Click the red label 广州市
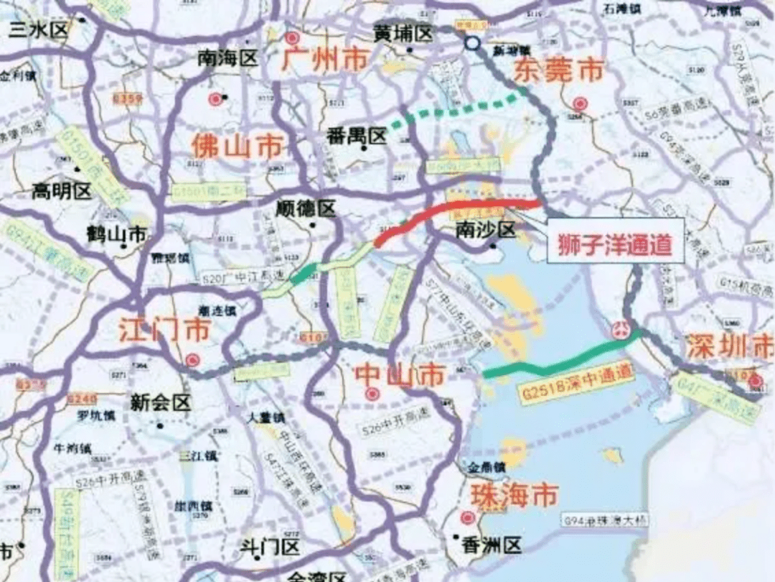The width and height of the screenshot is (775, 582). (x=324, y=59)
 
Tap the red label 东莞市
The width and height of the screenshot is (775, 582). (x=558, y=70)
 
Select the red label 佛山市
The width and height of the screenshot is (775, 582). (x=236, y=147)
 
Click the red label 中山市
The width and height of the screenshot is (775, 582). (x=400, y=374)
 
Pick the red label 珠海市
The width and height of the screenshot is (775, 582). (x=513, y=495)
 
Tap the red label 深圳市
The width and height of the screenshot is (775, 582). (x=728, y=347)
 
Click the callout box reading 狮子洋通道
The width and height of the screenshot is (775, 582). (x=614, y=244)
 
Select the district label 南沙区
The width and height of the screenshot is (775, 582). (x=486, y=230)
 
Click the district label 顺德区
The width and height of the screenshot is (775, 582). (x=306, y=209)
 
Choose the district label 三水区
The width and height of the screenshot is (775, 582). (x=37, y=29)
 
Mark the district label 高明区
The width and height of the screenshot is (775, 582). (x=62, y=190)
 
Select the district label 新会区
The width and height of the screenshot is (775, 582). (x=161, y=402)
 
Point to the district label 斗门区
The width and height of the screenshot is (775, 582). (x=270, y=548)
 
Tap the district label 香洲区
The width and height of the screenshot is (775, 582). (x=492, y=546)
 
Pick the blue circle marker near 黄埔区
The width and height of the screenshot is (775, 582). (x=471, y=43)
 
